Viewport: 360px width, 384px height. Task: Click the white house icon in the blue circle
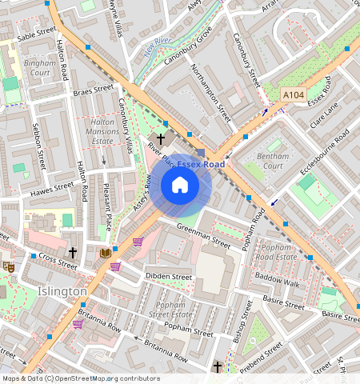[x=180, y=186]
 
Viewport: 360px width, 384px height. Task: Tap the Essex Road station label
[x=201, y=163]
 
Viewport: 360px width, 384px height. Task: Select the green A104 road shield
[x=294, y=94]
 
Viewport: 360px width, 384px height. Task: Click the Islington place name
[x=62, y=292]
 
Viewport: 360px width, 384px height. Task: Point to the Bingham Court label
[x=38, y=67]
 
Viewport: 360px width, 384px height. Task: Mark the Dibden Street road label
[x=168, y=277]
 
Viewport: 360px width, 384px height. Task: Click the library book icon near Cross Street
[x=105, y=253]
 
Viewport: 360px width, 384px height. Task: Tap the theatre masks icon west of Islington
[x=9, y=266]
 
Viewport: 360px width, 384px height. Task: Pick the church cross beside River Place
[x=161, y=139]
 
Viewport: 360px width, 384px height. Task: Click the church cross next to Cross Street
[x=73, y=252]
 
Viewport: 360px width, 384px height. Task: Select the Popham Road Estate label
[x=280, y=253]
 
